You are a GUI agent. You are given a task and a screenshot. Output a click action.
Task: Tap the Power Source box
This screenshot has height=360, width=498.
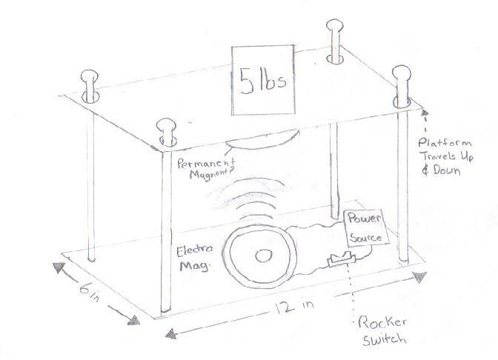click(366, 227)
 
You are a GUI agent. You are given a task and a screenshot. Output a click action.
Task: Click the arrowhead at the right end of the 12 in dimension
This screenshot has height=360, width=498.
click(422, 277)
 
